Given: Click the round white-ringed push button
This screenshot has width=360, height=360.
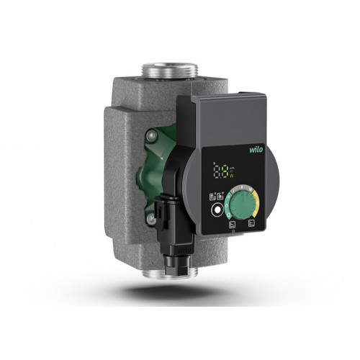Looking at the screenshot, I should tap(216, 211).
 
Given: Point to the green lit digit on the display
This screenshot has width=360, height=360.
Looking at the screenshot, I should tap(230, 172).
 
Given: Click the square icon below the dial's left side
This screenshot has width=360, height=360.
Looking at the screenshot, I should tap(230, 225).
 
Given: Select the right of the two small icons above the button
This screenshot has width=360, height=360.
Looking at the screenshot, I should tap(220, 195).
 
